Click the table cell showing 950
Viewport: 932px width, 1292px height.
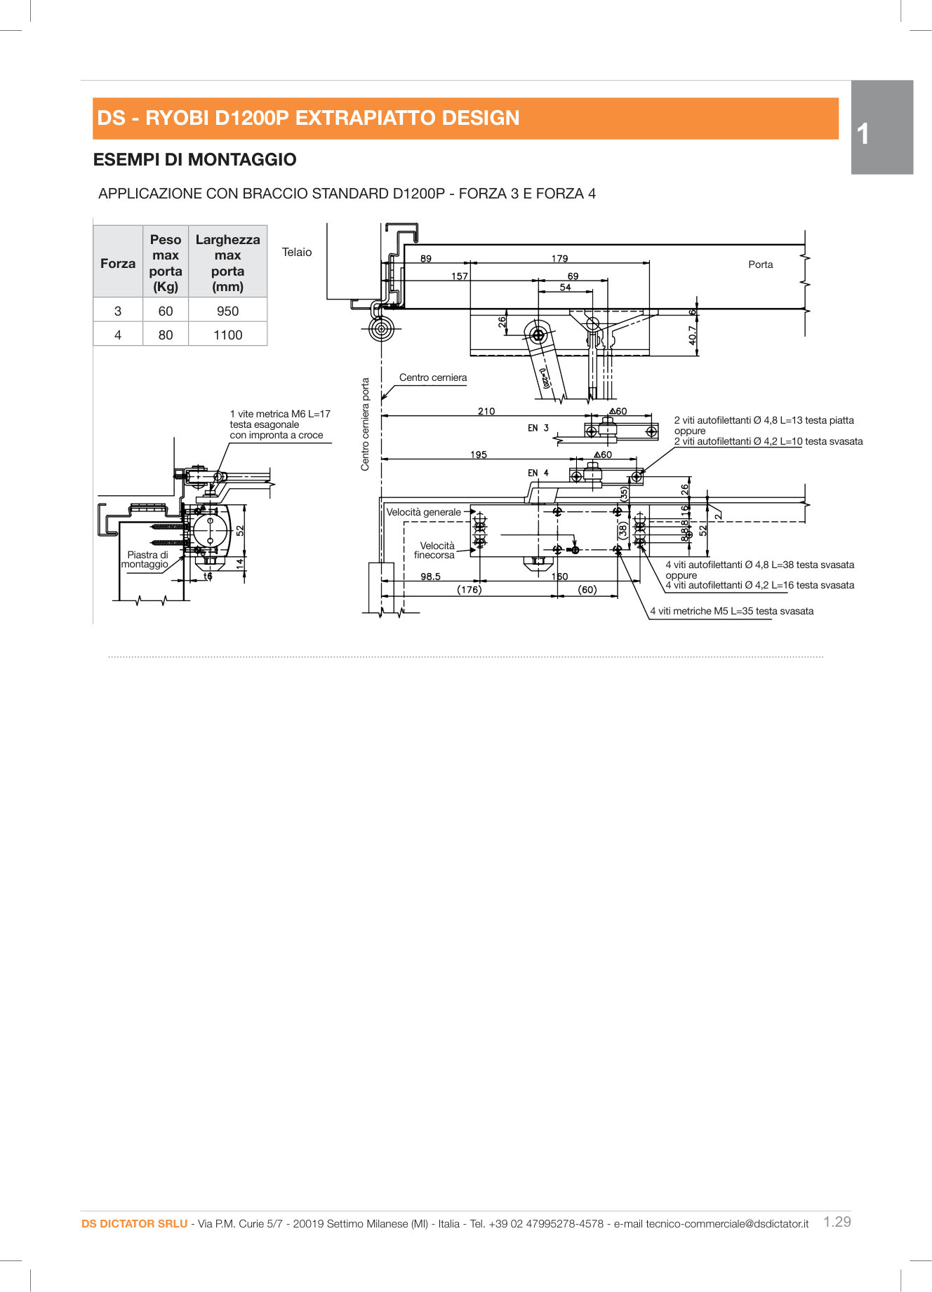tap(227, 311)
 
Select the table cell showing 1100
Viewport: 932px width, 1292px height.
tap(227, 335)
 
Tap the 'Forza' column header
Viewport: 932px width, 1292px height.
tap(118, 263)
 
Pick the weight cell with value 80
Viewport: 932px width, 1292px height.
tap(166, 335)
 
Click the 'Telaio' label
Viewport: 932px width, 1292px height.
tap(297, 252)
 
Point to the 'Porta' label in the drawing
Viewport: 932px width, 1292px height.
tap(760, 264)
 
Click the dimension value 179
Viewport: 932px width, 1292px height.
tap(559, 258)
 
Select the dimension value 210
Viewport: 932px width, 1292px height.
tap(486, 411)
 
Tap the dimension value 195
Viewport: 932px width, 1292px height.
tap(479, 455)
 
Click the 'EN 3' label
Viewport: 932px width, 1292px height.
tap(538, 428)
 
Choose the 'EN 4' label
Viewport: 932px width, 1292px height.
tap(538, 473)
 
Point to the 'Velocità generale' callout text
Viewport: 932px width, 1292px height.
tap(424, 512)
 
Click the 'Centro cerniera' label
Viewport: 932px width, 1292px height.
tap(433, 377)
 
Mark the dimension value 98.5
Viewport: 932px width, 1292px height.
tap(430, 577)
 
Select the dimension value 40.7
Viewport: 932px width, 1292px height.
tap(693, 335)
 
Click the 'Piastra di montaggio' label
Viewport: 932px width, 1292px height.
tap(146, 559)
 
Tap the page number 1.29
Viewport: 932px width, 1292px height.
tap(837, 1221)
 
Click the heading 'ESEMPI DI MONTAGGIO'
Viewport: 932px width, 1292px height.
tap(195, 159)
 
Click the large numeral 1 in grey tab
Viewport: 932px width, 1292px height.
tap(863, 134)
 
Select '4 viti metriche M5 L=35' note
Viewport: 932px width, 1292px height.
tap(732, 611)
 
